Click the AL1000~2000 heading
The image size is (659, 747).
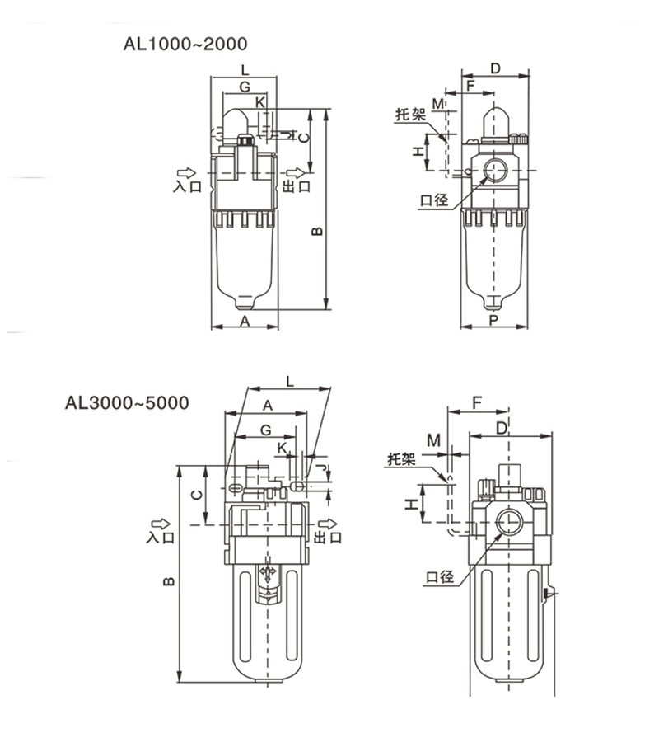coord(185,43)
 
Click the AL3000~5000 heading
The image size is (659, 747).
coord(127,403)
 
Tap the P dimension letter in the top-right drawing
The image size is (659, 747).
coord(493,320)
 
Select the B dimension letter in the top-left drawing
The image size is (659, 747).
coord(315,233)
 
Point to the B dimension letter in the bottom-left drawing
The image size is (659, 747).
coord(167,580)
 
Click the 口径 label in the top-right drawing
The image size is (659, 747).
coord(433,200)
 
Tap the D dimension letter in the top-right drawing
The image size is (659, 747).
coord(494,68)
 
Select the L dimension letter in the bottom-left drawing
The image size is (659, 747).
coord(289,380)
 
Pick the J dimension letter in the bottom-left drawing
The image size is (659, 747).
coord(328,470)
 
